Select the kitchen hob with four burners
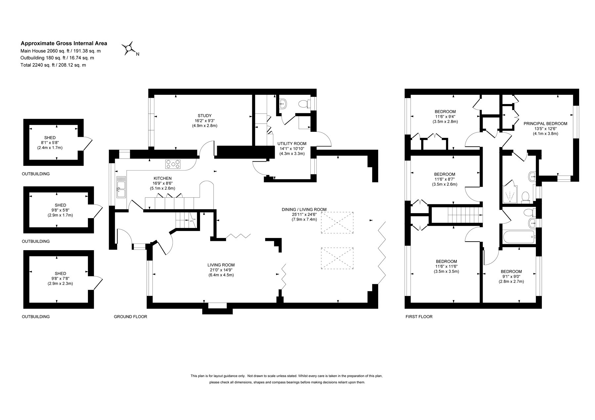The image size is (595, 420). point(174,164)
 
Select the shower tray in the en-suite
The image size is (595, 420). point(511,194)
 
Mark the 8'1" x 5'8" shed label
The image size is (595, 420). point(50,142)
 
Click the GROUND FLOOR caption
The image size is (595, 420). point(130,317)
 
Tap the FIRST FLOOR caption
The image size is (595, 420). point(419,317)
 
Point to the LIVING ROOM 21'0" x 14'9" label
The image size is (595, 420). point(221,270)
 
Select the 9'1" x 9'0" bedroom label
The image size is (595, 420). point(511,276)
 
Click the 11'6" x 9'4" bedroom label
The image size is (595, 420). point(445,116)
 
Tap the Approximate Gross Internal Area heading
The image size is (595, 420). point(64,43)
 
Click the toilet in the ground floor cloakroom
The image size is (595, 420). point(304,104)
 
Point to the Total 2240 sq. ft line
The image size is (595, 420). point(53,65)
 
